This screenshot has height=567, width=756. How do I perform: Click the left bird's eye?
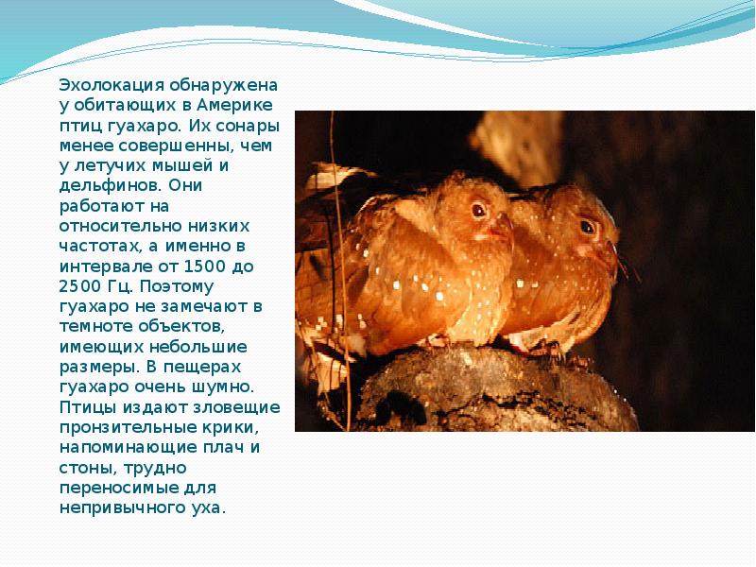pos(478,209)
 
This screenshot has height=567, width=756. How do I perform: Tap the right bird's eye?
pos(588,227)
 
